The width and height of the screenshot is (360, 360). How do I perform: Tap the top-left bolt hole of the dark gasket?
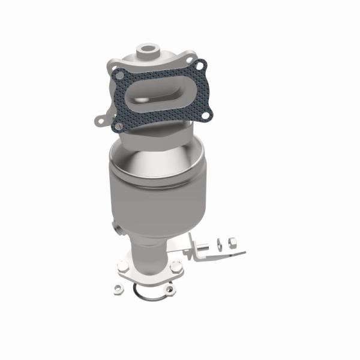tap(119, 74)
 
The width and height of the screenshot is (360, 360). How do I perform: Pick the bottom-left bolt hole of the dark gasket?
tap(119, 125)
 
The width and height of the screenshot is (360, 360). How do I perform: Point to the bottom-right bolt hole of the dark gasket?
tap(208, 112)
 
